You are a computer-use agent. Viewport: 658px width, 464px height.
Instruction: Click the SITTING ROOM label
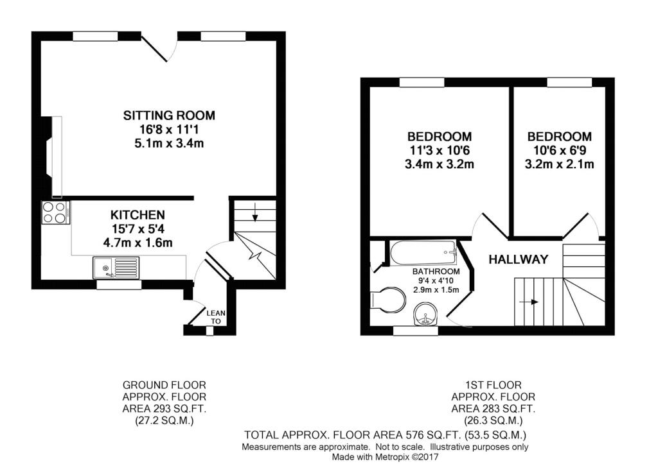169,116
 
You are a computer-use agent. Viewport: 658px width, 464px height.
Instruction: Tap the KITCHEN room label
138,215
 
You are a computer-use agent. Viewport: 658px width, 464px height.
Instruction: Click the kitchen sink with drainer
116,268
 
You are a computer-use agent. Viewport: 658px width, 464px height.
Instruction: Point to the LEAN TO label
216,317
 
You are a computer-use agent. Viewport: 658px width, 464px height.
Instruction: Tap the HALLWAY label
519,259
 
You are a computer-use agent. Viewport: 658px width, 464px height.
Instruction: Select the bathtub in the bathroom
423,253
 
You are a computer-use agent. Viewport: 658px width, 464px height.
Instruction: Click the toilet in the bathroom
387,300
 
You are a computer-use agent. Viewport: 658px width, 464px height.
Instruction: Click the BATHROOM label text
436,271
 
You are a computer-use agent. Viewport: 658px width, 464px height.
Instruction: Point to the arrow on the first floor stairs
529,302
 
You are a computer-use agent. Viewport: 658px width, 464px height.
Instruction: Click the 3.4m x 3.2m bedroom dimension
440,164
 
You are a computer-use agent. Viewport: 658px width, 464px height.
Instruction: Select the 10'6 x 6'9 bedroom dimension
560,150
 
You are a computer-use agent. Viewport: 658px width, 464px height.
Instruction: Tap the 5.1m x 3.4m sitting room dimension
169,143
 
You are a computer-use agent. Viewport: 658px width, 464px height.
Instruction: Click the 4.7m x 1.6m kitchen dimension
138,243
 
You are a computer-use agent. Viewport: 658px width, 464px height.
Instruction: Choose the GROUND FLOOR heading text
164,385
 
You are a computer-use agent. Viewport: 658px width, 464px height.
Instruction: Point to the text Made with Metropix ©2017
386,456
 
